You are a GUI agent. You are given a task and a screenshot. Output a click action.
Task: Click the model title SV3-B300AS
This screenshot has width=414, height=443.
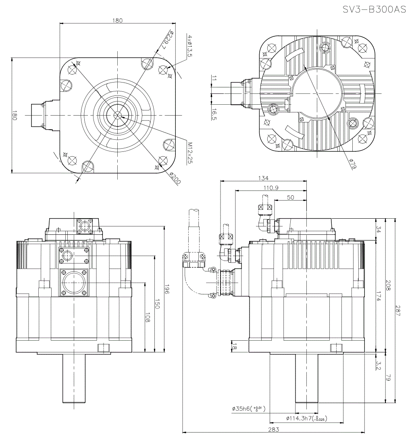(x=374, y=10)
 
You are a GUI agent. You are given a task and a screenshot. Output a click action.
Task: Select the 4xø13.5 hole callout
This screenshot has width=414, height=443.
(x=189, y=46)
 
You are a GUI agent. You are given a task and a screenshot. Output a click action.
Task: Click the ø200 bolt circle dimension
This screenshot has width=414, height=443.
(x=175, y=178)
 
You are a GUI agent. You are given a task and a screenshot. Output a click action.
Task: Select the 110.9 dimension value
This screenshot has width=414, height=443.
(x=271, y=188)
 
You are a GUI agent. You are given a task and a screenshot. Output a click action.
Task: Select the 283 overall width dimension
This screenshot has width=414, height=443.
(x=274, y=430)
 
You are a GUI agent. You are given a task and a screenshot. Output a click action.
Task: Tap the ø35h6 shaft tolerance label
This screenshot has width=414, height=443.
(x=248, y=409)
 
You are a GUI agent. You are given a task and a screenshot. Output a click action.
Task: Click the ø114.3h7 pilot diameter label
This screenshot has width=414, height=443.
(x=306, y=418)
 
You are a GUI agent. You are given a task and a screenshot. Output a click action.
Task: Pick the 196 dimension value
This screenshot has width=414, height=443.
(x=167, y=289)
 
